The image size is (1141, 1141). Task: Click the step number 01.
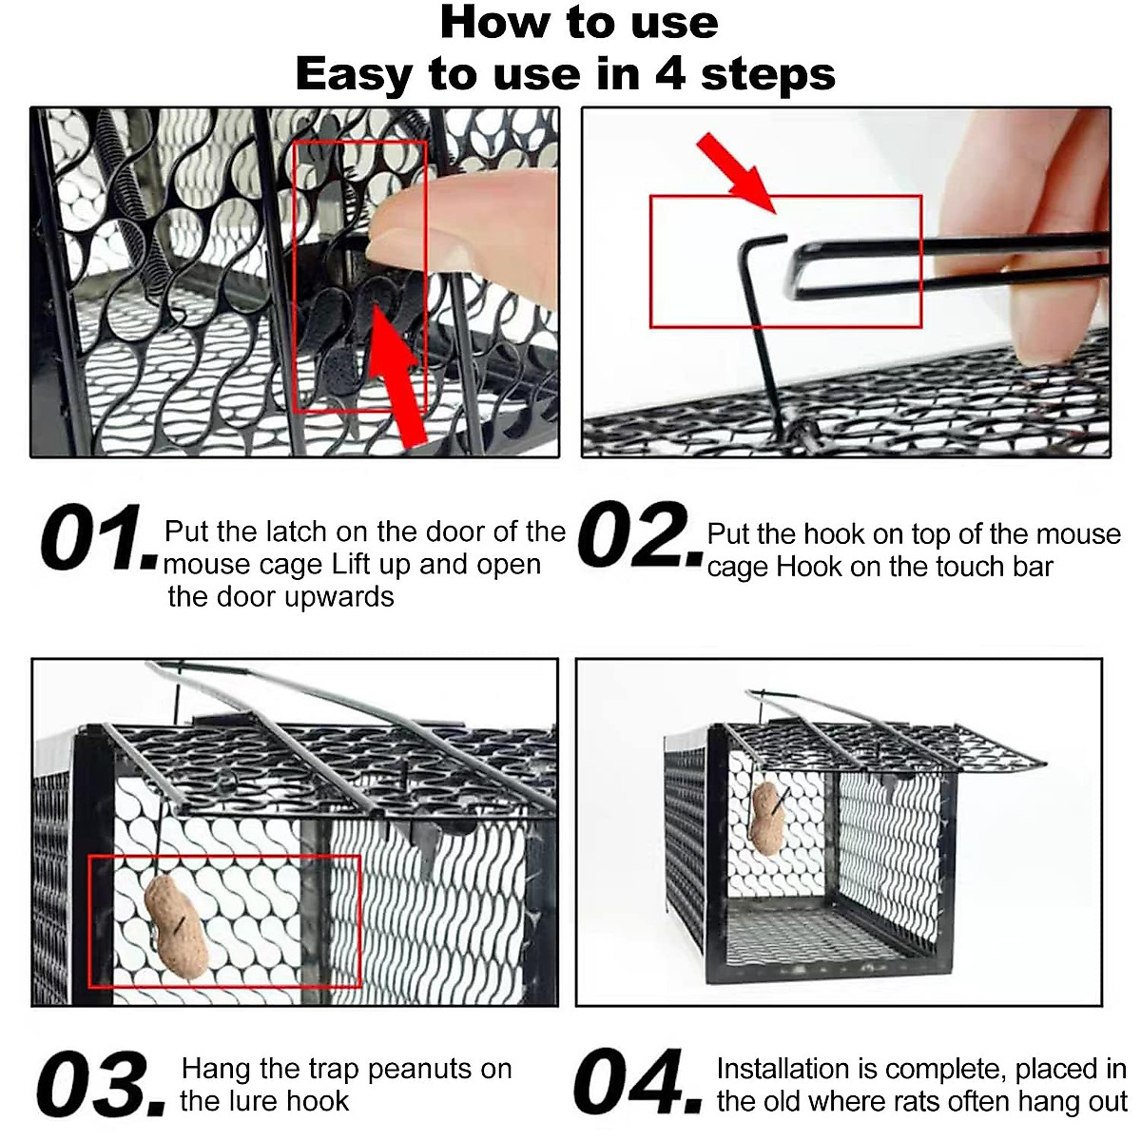pos(99,537)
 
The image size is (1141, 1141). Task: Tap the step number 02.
pos(640,534)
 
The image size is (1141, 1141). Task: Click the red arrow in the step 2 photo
pos(737,172)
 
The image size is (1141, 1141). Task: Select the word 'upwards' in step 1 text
pos(339,597)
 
